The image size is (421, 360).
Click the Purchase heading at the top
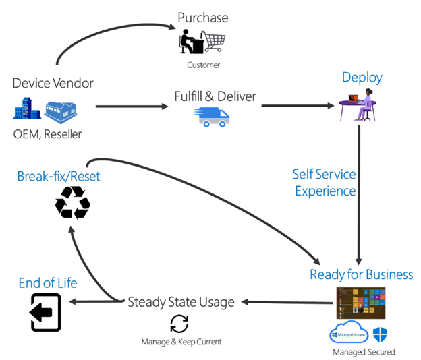point(202,18)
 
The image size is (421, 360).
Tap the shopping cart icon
point(215,43)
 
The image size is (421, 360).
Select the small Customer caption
point(203,65)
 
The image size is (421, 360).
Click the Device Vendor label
point(53,84)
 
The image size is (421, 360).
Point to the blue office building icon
point(27,109)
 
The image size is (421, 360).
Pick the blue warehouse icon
point(61,109)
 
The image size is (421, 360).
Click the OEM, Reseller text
point(47,134)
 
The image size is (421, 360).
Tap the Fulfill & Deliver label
point(215,96)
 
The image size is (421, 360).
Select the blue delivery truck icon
point(211,117)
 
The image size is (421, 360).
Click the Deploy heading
point(362,77)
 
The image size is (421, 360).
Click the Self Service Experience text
point(325,183)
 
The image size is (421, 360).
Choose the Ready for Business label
point(361,274)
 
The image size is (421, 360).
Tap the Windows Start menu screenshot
point(360,303)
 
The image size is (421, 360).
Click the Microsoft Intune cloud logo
point(349,334)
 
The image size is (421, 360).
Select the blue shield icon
point(381,334)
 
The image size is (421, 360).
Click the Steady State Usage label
point(181,301)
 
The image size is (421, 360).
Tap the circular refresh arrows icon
point(179,324)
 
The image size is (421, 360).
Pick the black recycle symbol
point(72,202)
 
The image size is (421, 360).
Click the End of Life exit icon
point(46,311)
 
